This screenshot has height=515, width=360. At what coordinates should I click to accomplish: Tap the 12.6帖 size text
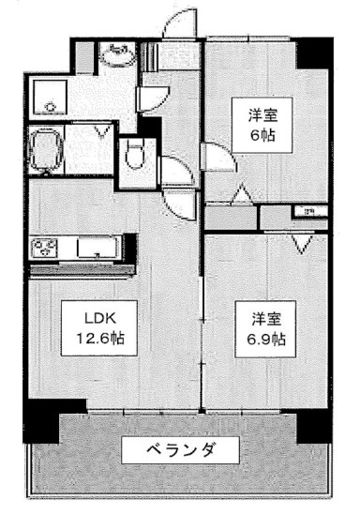pos(82,336)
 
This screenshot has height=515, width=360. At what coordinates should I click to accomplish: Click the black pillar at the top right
pos(314,53)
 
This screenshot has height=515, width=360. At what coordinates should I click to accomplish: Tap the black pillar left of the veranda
pos(43,421)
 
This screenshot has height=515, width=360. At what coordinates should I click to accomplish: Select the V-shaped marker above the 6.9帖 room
pos(302,246)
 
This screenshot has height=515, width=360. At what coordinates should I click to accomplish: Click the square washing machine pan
pos(46,96)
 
